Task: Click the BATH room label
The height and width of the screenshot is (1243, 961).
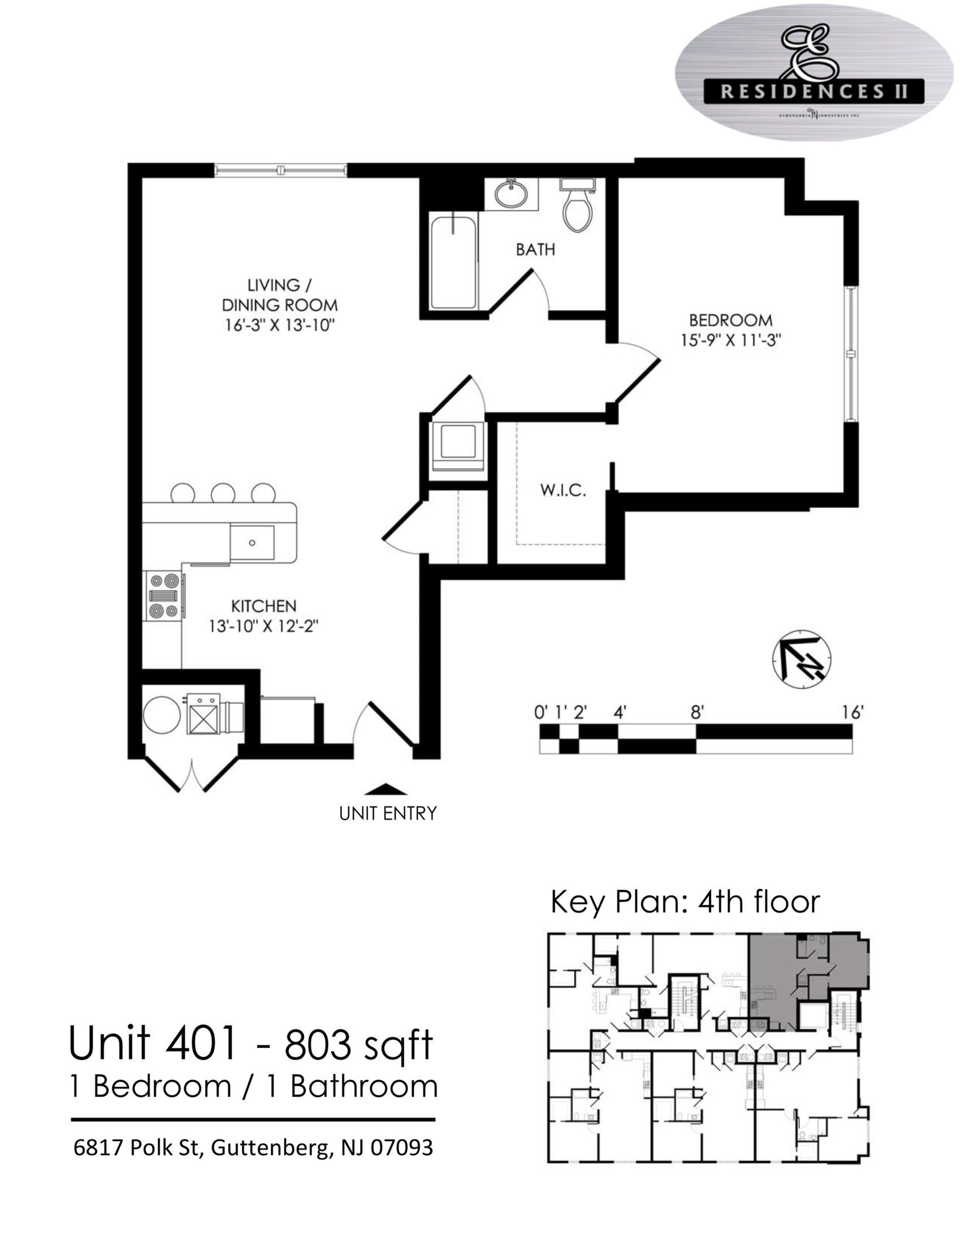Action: click(535, 249)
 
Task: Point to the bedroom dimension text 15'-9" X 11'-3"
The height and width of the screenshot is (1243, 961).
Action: click(730, 340)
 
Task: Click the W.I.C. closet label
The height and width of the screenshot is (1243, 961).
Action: click(562, 490)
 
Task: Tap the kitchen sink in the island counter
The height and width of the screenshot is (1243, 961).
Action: click(252, 542)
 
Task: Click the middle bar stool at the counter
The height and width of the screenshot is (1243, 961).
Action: click(223, 493)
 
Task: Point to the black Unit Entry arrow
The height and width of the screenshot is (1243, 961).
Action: click(386, 789)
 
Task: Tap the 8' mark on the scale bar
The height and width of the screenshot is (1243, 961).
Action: click(697, 712)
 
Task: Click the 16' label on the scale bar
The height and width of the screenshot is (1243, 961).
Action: click(853, 712)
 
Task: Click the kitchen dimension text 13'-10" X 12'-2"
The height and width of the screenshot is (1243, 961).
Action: click(263, 626)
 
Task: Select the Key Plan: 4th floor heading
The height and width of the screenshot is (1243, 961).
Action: click(685, 902)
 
